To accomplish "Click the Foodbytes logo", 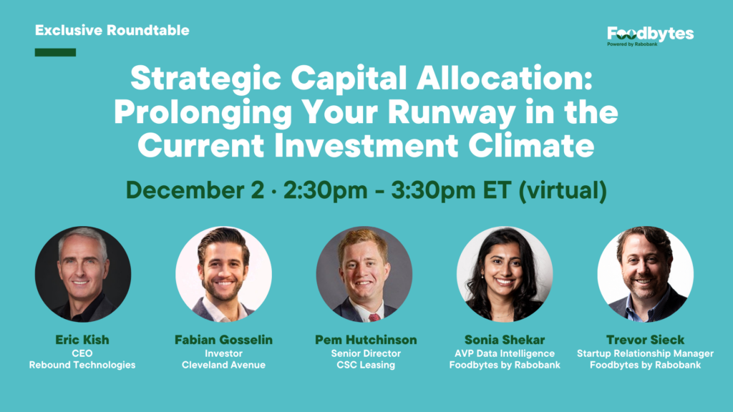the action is (x=650, y=36).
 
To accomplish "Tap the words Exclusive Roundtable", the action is (x=112, y=30).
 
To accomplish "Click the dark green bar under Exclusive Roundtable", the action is (x=55, y=52).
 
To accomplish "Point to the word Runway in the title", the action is (x=451, y=112).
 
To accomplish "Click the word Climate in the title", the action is (x=531, y=145).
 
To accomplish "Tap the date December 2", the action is (x=195, y=190).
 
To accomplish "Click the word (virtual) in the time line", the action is (x=563, y=190).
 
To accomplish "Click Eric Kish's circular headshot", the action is (x=83, y=274).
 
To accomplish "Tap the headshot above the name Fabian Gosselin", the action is (x=223, y=274).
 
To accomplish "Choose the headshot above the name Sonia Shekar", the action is (x=505, y=274).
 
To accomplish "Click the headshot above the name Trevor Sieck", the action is (x=646, y=274).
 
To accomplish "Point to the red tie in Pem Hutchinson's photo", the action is (x=374, y=318).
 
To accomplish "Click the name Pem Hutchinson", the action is (x=366, y=340).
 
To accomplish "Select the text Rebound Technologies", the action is (x=82, y=365).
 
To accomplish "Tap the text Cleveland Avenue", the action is (x=223, y=365).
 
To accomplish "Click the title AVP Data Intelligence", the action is (x=505, y=353).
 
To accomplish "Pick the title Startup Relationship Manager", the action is (x=646, y=353).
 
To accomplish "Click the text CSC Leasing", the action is (x=366, y=365).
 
